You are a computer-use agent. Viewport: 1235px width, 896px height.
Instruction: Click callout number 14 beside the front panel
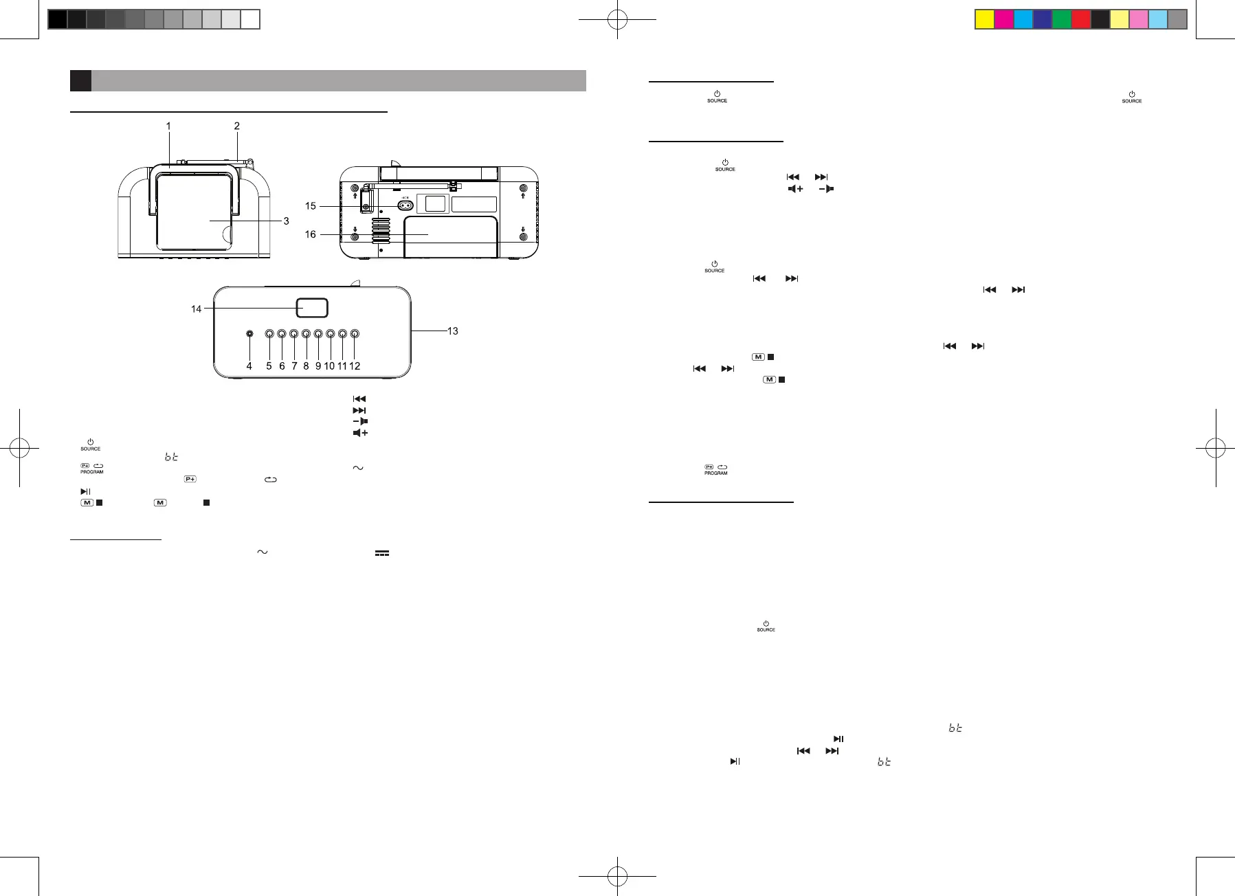197,309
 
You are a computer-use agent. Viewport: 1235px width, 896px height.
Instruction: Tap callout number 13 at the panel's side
452,331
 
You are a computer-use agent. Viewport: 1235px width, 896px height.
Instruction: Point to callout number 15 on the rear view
311,206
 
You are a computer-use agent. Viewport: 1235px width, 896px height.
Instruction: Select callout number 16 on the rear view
311,235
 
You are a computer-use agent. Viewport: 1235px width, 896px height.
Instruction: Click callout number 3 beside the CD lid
286,221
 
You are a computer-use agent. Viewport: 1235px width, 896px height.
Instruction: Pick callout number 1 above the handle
168,126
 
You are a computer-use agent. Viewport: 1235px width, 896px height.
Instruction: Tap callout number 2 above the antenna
237,126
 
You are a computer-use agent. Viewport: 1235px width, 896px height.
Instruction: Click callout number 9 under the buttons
318,366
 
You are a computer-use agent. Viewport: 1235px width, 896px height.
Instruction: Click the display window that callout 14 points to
312,308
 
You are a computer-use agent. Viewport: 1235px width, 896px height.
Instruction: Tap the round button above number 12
355,334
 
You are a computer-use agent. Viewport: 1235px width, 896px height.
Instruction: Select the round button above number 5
269,334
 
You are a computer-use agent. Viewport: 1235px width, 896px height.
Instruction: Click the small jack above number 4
249,334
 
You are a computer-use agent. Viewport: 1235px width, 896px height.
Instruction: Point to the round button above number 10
330,334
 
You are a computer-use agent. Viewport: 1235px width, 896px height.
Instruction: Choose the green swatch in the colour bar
1062,19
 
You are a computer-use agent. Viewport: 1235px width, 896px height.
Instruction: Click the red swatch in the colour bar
1081,19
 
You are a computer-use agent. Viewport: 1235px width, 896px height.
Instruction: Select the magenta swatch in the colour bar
1004,19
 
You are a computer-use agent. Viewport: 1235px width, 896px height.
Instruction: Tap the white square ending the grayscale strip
250,19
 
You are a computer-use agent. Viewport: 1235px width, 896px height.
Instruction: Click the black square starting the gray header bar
80,80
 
